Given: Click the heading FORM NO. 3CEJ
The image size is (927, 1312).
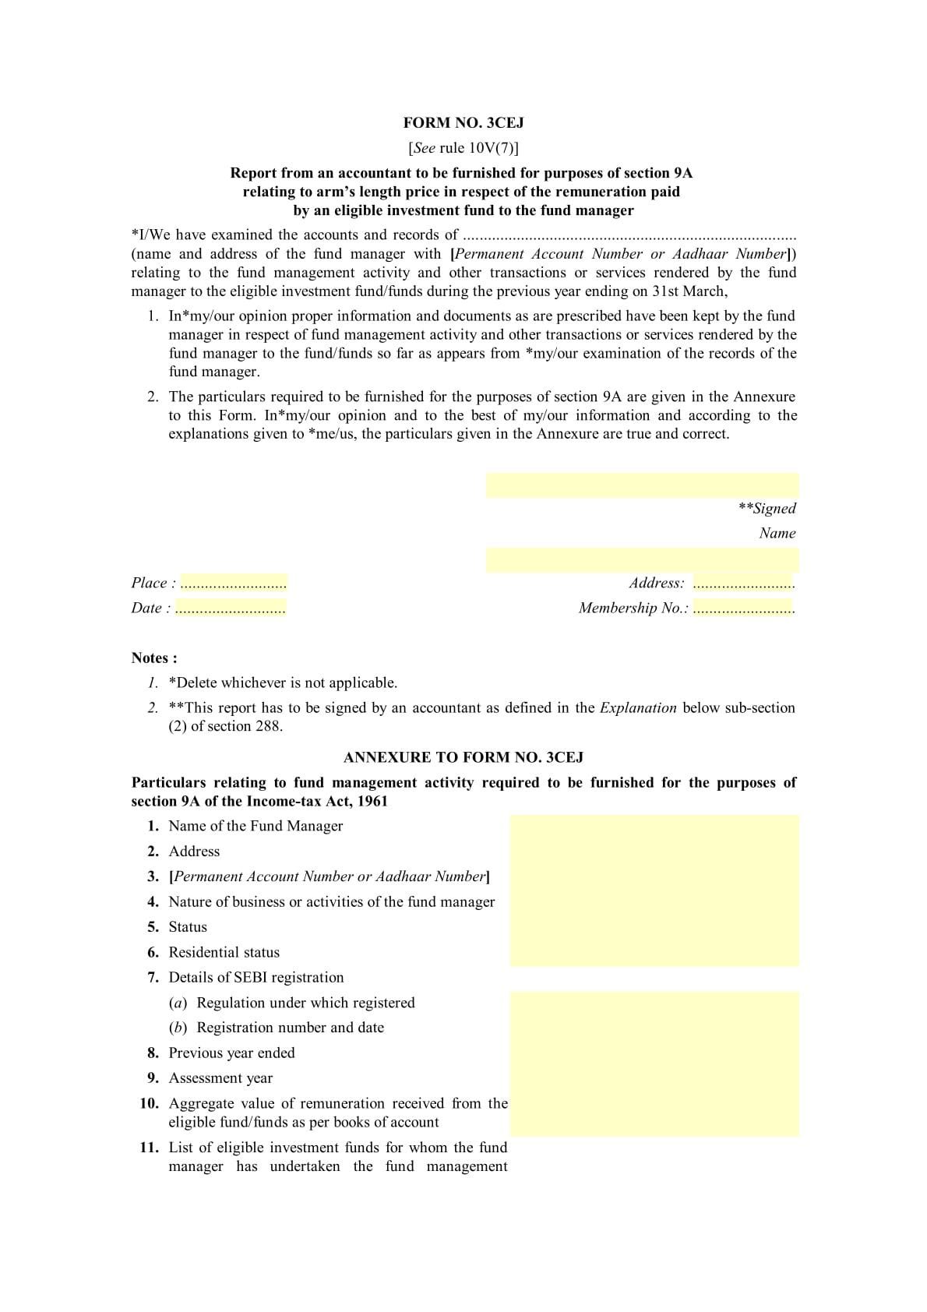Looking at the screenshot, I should click(x=463, y=122).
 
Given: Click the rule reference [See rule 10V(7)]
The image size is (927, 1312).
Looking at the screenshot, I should click(x=463, y=148).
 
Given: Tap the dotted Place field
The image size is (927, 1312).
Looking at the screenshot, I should click(x=233, y=584).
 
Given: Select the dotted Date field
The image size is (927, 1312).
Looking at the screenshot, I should click(x=230, y=608).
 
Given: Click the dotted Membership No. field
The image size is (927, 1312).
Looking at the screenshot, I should click(x=743, y=608).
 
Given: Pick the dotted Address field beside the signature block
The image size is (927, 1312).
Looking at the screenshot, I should click(x=743, y=584).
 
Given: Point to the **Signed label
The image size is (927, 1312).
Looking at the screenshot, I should click(x=767, y=509).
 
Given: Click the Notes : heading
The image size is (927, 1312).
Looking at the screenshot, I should click(x=154, y=658).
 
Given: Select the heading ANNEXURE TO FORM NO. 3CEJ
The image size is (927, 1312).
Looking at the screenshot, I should click(x=463, y=757).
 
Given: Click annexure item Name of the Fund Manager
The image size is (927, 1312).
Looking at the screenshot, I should click(x=256, y=826).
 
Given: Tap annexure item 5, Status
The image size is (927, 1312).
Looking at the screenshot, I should click(x=188, y=927).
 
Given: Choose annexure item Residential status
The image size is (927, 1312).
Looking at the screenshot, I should click(x=224, y=952).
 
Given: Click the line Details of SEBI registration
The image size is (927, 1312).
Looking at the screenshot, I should click(x=256, y=977).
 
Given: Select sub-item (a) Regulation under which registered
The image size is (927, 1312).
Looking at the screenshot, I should click(x=305, y=1003).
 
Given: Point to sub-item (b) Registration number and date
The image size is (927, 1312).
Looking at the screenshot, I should click(x=290, y=1028).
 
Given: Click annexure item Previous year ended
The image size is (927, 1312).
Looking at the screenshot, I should click(x=231, y=1053).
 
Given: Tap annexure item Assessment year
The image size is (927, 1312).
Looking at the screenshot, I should click(x=220, y=1078).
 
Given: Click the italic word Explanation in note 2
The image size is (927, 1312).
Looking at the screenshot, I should click(x=638, y=708).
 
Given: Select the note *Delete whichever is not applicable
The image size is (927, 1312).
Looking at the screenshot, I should click(x=283, y=683).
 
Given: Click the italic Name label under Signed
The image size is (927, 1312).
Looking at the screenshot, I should click(x=777, y=534).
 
